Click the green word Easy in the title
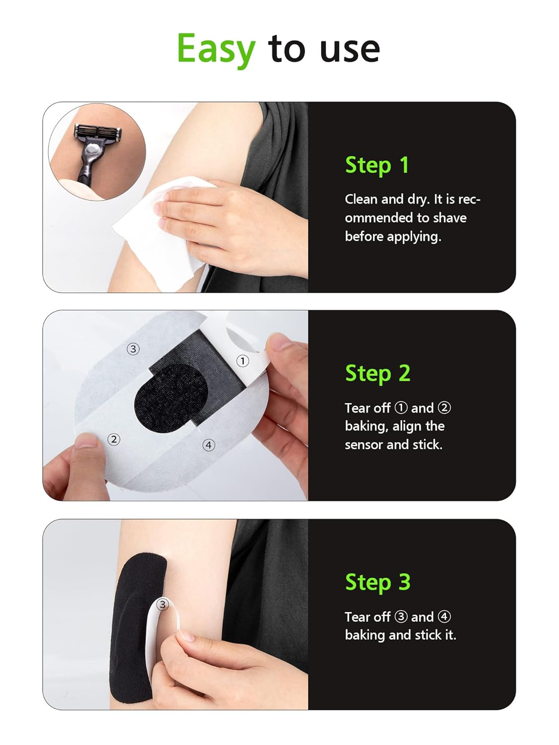pyautogui.click(x=216, y=49)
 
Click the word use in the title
pyautogui.click(x=350, y=49)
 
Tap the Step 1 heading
pyautogui.click(x=377, y=165)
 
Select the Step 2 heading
pyautogui.click(x=378, y=373)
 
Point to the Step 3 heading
pyautogui.click(x=378, y=582)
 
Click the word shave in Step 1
pyautogui.click(x=449, y=218)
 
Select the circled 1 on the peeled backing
pyautogui.click(x=242, y=361)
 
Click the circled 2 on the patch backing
pyautogui.click(x=114, y=439)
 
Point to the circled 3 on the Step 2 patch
pyautogui.click(x=133, y=349)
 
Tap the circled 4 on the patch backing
pyautogui.click(x=209, y=445)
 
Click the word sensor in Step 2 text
pyautogui.click(x=363, y=445)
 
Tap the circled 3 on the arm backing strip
pyautogui.click(x=162, y=604)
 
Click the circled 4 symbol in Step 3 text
pyautogui.click(x=444, y=617)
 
